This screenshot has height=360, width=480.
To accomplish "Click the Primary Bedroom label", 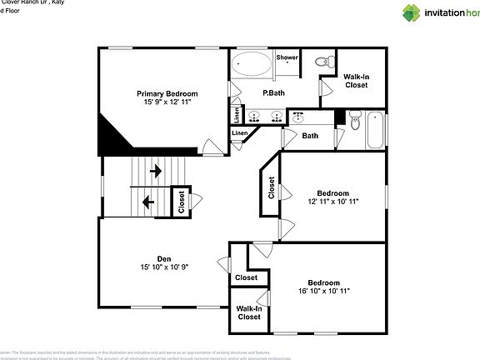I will coord(167,93).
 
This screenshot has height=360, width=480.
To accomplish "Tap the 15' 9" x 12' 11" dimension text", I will coord(167,102).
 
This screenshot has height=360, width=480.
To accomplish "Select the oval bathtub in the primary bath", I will coord(252,64).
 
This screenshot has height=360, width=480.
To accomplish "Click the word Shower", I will coord(287,57).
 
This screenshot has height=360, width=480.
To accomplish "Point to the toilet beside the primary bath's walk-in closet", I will coord(325,61).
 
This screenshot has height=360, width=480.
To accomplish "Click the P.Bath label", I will coord(274,92).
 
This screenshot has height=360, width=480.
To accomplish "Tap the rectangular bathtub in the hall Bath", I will coord(376,130).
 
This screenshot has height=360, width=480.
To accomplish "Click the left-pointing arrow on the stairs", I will coord(147,201).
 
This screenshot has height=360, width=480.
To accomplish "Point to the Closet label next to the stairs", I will coord(182,202).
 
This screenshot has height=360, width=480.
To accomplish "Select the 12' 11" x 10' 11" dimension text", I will coord(332,201).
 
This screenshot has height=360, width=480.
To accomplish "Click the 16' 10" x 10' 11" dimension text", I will coord(323,292).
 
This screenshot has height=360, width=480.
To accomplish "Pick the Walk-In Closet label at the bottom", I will coord(249,312).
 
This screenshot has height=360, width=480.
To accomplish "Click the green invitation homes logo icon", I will coord(412,12).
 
